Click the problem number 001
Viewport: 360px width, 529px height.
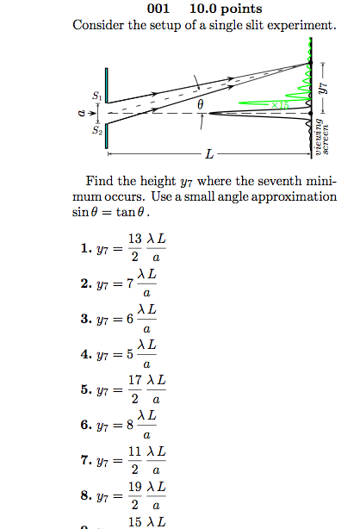point(160,9)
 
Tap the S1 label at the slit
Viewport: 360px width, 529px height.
point(96,95)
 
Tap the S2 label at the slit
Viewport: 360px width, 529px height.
point(96,131)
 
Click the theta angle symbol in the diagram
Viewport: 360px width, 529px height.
point(201,104)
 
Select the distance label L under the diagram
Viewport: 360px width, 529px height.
point(208,154)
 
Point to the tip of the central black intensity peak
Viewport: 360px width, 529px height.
point(213,113)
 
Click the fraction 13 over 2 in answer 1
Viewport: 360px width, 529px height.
point(135,247)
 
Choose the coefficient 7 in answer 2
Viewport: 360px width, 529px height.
point(130,283)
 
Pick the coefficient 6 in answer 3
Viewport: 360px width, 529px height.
point(130,319)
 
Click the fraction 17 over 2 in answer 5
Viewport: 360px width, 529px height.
point(135,389)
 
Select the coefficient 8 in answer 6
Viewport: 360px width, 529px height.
point(130,425)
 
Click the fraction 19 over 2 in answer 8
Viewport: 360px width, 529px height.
point(135,495)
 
